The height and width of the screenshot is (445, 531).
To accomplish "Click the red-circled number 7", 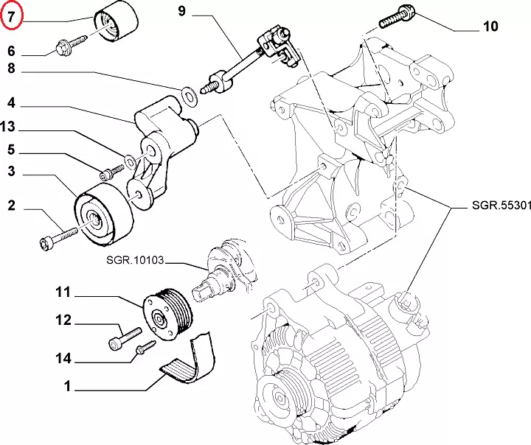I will [x=12, y=15].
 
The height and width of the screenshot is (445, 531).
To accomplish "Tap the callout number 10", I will [x=490, y=27].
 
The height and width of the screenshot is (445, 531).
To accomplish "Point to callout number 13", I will [x=8, y=127].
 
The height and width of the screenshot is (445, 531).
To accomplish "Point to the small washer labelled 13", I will [x=130, y=159].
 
